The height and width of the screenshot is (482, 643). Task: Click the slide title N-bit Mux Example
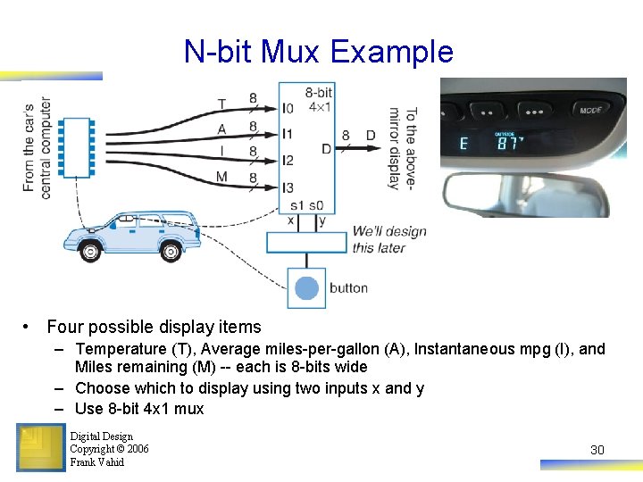[319, 52]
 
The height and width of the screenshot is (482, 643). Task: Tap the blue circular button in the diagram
[306, 287]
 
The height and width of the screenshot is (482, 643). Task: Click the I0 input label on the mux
[287, 109]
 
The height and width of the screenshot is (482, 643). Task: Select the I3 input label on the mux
[287, 187]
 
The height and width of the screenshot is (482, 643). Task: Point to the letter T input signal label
[221, 104]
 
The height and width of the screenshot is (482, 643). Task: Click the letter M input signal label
[221, 177]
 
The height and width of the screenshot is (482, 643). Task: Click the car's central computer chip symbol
[76, 146]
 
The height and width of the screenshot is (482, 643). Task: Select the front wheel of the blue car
[90, 251]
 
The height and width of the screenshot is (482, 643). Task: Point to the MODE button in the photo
[591, 111]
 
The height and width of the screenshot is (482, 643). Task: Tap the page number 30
[597, 450]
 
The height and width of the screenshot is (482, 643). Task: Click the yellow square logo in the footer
[41, 446]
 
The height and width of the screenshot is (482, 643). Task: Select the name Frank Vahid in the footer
[96, 462]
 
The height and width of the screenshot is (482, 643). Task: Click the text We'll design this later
[388, 239]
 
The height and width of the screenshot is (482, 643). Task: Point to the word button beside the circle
[348, 287]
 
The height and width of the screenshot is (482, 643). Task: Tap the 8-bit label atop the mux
[319, 92]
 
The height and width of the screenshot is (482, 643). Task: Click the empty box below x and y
[306, 241]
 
